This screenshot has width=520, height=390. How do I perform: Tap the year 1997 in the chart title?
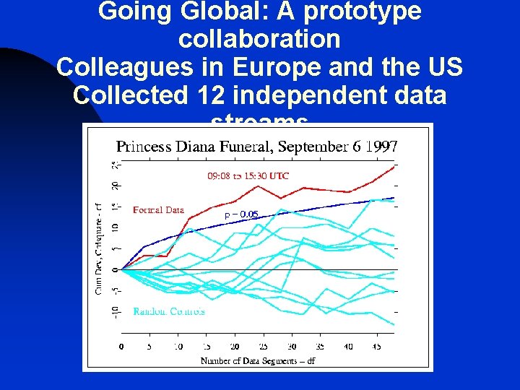coord(381,146)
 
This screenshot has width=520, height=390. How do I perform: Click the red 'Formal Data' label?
coord(158,210)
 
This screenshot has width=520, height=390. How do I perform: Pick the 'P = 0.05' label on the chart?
coord(241,214)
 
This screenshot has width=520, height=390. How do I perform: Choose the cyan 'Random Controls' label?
coord(168,312)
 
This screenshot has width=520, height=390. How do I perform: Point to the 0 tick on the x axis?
coord(121,347)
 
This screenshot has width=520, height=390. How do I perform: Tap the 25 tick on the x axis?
coord(263,347)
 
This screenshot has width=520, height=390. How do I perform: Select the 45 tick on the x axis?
coord(376,347)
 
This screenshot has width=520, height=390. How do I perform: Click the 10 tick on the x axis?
coord(178,347)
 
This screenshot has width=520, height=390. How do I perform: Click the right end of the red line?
coord(394,166)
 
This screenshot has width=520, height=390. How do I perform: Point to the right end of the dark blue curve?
coord(394,197)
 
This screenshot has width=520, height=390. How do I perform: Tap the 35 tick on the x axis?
coord(320,347)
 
